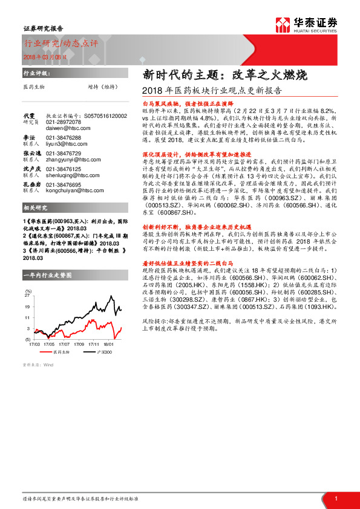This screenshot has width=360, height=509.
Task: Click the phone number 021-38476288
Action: [x=64, y=138]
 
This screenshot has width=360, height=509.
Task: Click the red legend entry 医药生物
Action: [x=58, y=351]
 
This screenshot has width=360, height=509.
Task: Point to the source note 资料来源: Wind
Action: [x=38, y=365]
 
